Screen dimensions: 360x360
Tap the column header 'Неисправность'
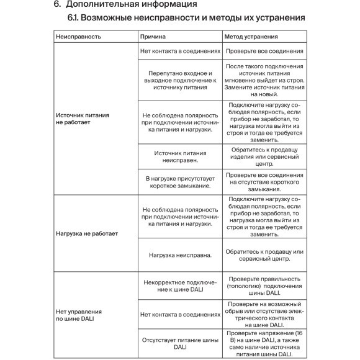point(79,37)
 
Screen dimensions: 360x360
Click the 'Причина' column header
point(153,37)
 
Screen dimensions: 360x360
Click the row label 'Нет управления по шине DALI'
point(79,315)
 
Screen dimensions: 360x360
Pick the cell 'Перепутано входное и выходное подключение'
point(180,80)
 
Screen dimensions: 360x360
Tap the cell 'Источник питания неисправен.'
point(180,156)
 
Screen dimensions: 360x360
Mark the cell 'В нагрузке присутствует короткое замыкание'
point(180,182)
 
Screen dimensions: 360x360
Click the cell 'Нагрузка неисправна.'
point(180,254)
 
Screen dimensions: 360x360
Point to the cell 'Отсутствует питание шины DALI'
point(180,344)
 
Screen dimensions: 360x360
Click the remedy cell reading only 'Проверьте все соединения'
point(264,51)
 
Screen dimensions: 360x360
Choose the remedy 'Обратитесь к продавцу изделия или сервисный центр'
point(264,156)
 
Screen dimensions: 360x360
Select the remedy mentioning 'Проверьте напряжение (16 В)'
point(264,344)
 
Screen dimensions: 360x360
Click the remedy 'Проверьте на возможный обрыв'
point(264,314)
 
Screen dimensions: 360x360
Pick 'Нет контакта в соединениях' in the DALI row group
point(180,314)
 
